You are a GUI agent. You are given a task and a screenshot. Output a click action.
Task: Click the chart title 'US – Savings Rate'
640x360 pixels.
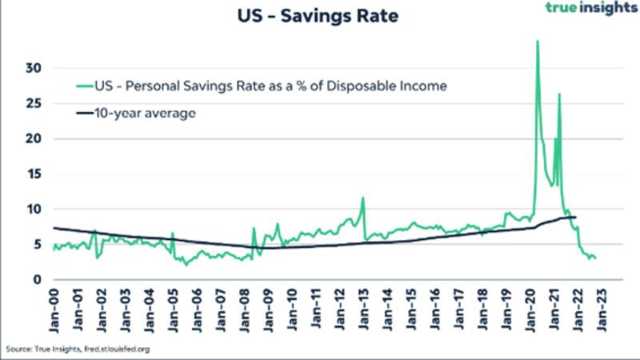pos(317,15)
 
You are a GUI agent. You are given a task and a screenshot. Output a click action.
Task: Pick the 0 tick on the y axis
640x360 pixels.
pos(34,279)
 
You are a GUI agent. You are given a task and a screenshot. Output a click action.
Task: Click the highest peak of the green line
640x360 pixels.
pos(537,41)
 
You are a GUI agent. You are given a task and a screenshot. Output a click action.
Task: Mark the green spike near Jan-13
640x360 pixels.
pos(363,198)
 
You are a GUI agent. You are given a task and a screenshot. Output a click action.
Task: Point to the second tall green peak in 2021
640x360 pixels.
pos(559,94)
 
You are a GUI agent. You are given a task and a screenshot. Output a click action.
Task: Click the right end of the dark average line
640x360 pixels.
pos(575,218)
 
